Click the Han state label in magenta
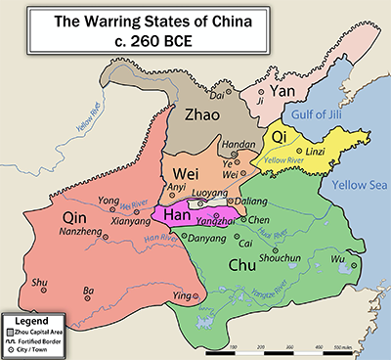pos(176,214)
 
